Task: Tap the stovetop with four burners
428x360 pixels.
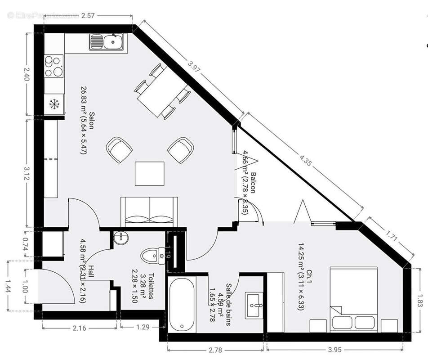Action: click(54, 66)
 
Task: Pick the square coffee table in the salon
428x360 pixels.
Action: click(149, 173)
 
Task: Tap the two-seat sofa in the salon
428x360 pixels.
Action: click(149, 211)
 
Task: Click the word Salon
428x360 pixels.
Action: click(92, 120)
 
